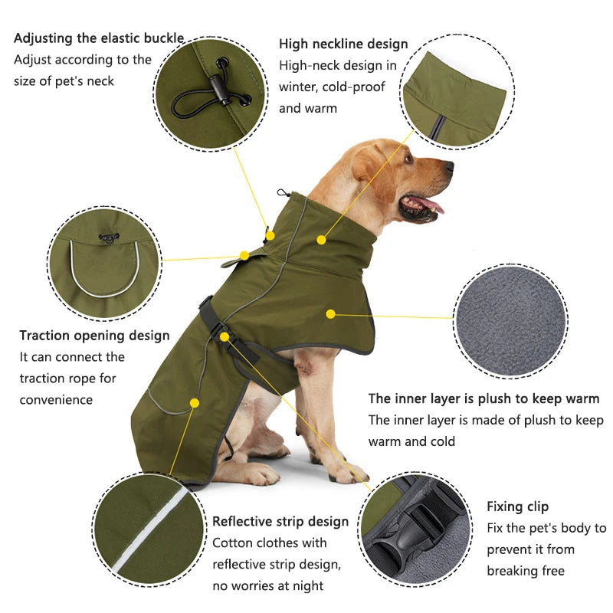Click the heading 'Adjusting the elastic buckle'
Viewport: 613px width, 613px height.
(99, 38)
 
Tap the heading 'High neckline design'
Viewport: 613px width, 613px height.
(343, 44)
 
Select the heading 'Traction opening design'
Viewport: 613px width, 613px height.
(94, 336)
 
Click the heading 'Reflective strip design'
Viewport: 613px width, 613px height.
(280, 522)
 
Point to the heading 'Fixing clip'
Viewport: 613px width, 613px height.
(517, 506)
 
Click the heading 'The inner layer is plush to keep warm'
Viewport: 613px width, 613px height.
(484, 398)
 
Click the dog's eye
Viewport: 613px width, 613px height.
(408, 159)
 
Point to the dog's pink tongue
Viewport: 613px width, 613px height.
(431, 205)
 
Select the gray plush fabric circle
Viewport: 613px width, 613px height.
(510, 320)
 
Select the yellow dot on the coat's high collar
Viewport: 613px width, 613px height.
(321, 240)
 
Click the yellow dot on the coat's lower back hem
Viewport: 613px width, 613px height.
(195, 402)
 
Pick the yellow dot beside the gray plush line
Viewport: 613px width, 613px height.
(331, 313)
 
